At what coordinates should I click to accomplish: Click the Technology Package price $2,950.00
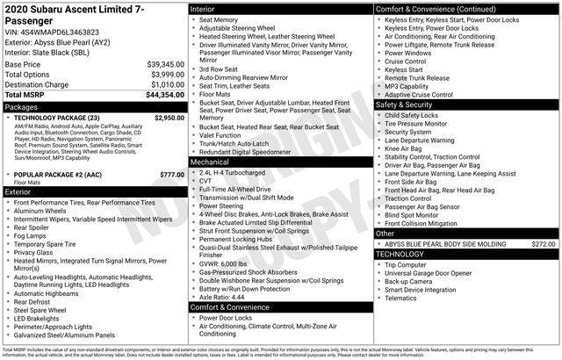point(169,117)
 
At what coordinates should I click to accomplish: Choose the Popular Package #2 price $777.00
point(172,175)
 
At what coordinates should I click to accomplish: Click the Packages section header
point(22,105)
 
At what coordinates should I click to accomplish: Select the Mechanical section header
point(210,162)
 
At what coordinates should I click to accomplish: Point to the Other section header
point(385,234)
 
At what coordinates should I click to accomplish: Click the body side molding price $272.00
point(544,244)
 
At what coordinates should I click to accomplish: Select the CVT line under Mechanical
point(206,181)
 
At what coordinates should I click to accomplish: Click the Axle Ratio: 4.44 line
point(222,297)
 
